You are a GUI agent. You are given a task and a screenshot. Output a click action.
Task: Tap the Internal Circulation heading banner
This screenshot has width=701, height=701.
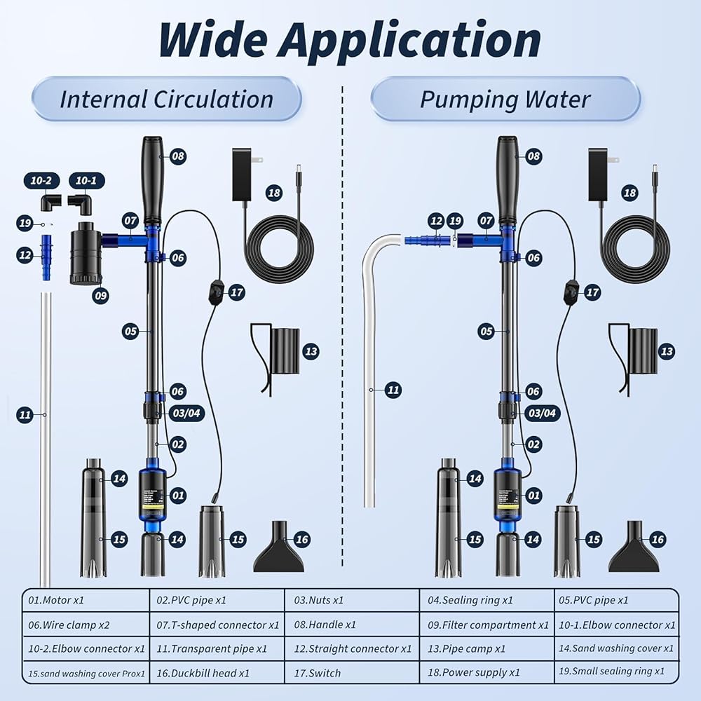point(166,99)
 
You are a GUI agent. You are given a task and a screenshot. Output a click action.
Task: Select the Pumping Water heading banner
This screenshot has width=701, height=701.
point(505,99)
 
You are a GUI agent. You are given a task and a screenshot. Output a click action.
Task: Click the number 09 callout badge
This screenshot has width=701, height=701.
point(100,296)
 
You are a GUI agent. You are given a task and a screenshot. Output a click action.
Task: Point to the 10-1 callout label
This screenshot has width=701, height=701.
point(86,181)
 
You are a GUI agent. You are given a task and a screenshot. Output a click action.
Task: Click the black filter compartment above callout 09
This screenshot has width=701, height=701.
point(86,252)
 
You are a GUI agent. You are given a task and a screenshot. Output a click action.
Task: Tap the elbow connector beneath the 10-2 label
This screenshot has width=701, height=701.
point(48,203)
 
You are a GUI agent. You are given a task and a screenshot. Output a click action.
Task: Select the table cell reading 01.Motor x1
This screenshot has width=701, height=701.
point(86,600)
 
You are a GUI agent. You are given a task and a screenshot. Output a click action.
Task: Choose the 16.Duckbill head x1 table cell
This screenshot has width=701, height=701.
point(217,673)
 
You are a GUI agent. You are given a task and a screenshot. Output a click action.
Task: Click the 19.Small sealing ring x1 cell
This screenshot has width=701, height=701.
point(617,672)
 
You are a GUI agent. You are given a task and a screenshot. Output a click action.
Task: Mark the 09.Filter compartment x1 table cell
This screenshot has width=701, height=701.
point(488,625)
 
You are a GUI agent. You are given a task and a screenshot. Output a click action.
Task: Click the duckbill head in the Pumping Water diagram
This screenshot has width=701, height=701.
point(633,548)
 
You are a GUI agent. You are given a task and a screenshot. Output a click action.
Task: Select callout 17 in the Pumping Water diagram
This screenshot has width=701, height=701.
point(592,292)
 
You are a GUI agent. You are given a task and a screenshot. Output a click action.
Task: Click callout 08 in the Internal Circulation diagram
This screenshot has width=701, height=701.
point(178,156)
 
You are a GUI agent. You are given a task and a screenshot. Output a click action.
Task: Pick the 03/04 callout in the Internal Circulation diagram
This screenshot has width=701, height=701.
point(186,414)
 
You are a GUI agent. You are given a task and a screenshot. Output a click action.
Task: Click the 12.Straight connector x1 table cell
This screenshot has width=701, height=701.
point(352,648)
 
